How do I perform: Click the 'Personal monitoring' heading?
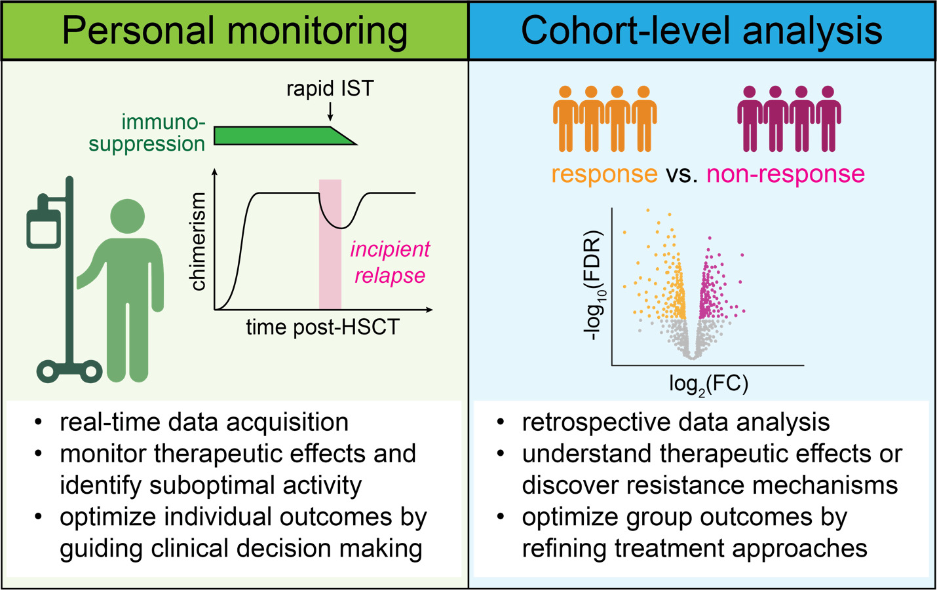click(x=235, y=31)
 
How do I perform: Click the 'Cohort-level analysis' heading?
click(x=702, y=31)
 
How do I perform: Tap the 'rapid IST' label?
click(x=330, y=88)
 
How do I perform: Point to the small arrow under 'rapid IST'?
click(x=330, y=113)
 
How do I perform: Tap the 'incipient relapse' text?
click(x=390, y=262)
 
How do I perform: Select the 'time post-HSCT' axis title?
click(x=322, y=327)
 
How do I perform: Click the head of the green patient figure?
click(x=128, y=215)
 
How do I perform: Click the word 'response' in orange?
click(x=604, y=174)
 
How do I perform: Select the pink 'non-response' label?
click(x=786, y=174)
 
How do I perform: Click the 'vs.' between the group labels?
click(x=682, y=174)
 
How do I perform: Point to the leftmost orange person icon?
click(x=565, y=118)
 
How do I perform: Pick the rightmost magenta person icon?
click(x=828, y=118)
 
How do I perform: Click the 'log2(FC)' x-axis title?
click(x=708, y=384)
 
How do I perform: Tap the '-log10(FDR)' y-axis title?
click(x=594, y=285)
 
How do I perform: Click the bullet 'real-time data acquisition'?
click(x=204, y=422)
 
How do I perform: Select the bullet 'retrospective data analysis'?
click(x=676, y=422)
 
